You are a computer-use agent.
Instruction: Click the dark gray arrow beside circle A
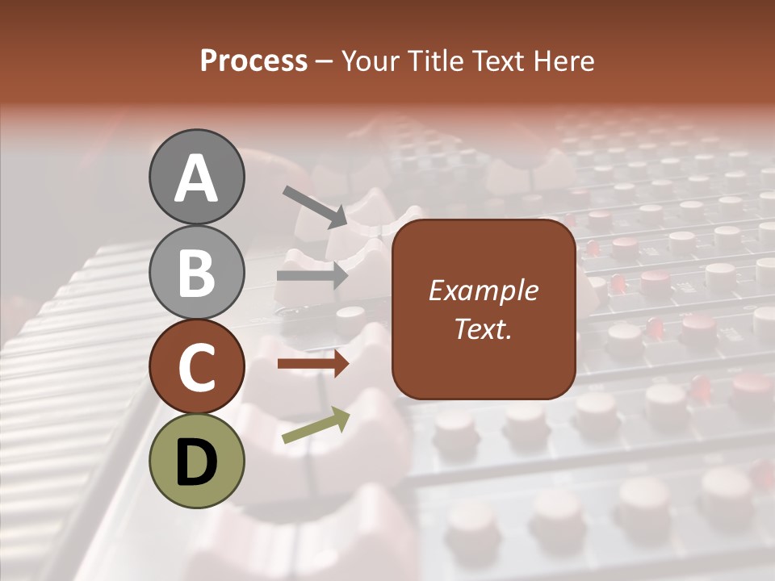coord(314,206)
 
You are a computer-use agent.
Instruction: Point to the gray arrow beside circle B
coord(312,276)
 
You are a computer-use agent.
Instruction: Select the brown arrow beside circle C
coord(312,364)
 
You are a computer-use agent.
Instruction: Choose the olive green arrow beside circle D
coord(316,426)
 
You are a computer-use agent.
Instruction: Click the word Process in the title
coord(253,61)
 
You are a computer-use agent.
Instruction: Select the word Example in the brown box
coord(483,291)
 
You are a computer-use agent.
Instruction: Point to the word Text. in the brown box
coord(483,329)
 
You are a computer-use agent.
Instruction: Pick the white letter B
coord(196,273)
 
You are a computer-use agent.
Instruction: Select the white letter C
coord(196,368)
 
